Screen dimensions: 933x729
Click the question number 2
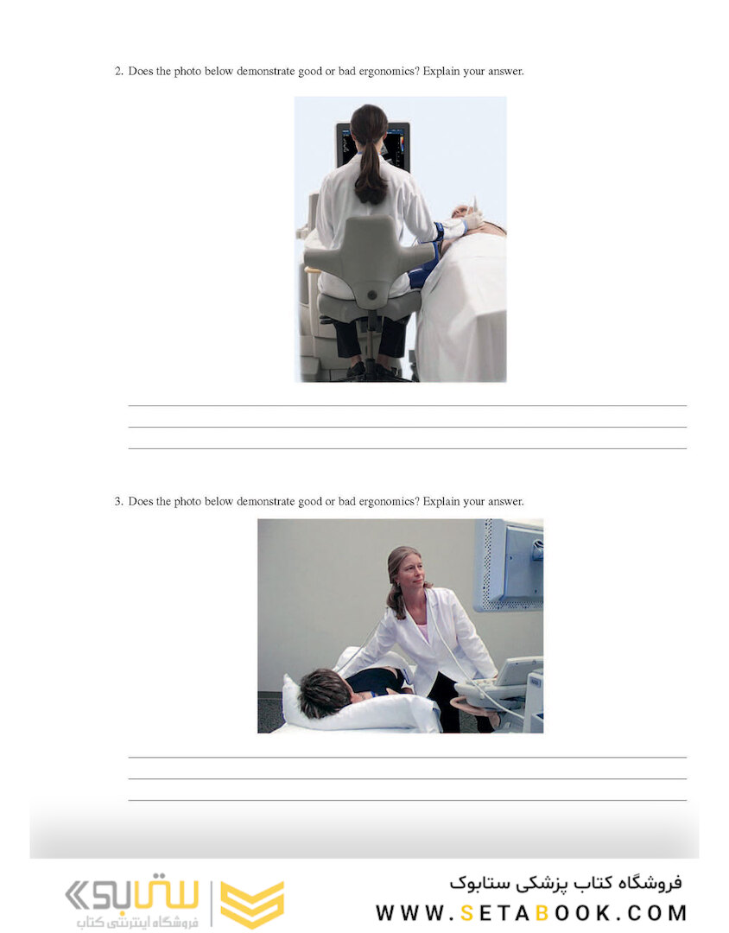tap(118, 72)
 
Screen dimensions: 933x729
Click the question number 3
tap(118, 502)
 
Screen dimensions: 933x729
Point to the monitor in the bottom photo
tap(510, 566)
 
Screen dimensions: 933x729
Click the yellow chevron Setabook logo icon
tap(251, 904)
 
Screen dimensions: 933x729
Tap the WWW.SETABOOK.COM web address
tap(531, 913)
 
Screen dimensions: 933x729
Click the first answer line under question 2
tap(407, 405)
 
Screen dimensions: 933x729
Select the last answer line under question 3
tap(407, 800)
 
